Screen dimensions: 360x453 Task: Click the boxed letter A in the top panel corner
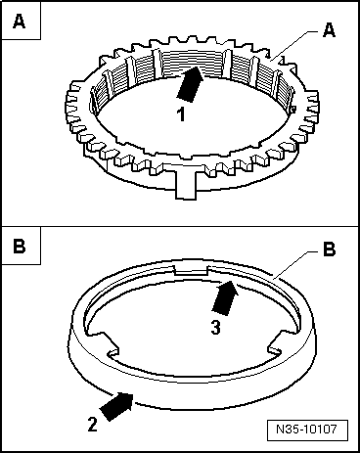pyautogui.click(x=20, y=22)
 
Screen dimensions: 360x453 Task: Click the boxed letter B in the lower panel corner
pyautogui.click(x=20, y=246)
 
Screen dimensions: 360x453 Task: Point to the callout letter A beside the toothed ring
pyautogui.click(x=329, y=30)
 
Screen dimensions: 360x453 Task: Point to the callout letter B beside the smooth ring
pyautogui.click(x=329, y=249)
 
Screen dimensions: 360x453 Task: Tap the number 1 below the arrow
pyautogui.click(x=181, y=114)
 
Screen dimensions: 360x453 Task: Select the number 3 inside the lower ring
pyautogui.click(x=216, y=327)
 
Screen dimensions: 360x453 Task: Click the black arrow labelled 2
pyautogui.click(x=117, y=406)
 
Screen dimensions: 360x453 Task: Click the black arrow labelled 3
pyautogui.click(x=225, y=297)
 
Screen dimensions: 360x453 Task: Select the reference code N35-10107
pyautogui.click(x=306, y=430)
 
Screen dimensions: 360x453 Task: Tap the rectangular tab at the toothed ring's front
pyautogui.click(x=186, y=184)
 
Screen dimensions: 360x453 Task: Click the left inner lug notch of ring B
pyautogui.click(x=108, y=343)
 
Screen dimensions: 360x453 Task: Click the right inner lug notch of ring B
pyautogui.click(x=277, y=344)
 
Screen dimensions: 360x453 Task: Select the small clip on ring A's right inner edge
pyautogui.click(x=293, y=110)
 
